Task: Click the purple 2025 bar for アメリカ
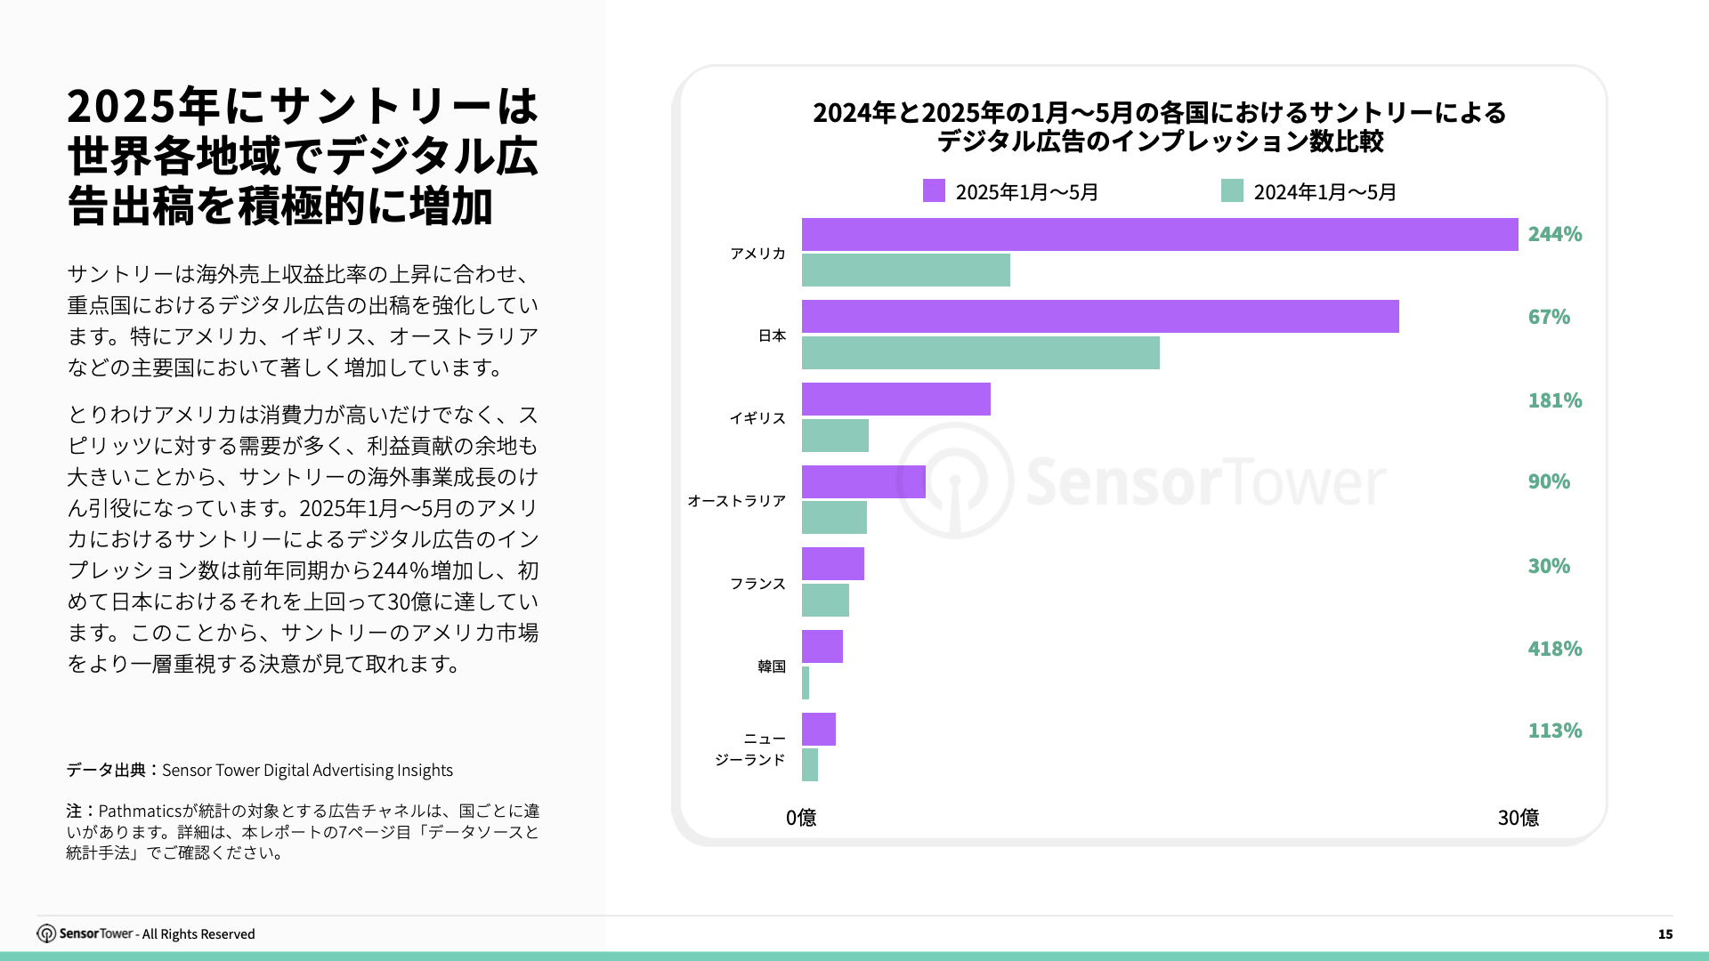point(1159,235)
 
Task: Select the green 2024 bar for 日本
point(980,352)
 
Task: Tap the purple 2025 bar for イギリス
point(895,400)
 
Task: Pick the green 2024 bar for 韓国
point(806,683)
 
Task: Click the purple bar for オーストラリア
point(863,482)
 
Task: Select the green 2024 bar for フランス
point(825,601)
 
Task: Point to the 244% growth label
point(1554,235)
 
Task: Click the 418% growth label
point(1554,650)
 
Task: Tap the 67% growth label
point(1549,318)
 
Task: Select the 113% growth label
point(1554,731)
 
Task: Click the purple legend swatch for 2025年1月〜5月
point(934,190)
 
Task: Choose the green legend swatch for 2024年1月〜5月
point(1232,190)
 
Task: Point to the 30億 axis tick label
point(1518,818)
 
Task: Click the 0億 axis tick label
point(801,818)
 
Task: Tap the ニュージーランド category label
point(750,749)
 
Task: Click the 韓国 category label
point(771,666)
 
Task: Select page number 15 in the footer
point(1664,934)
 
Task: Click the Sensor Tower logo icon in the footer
point(46,933)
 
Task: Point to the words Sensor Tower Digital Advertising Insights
point(307,771)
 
